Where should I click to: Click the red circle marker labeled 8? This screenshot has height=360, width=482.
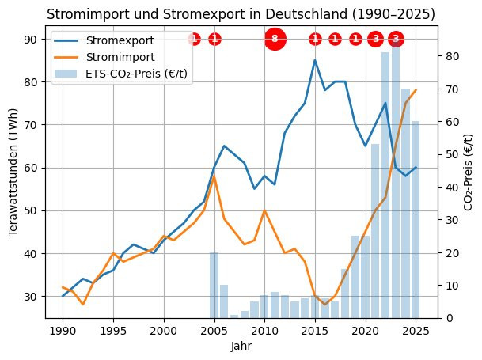pyautogui.click(x=275, y=39)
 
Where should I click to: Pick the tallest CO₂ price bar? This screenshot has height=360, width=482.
pyautogui.click(x=396, y=182)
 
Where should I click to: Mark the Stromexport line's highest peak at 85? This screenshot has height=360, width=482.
pyautogui.click(x=315, y=60)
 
